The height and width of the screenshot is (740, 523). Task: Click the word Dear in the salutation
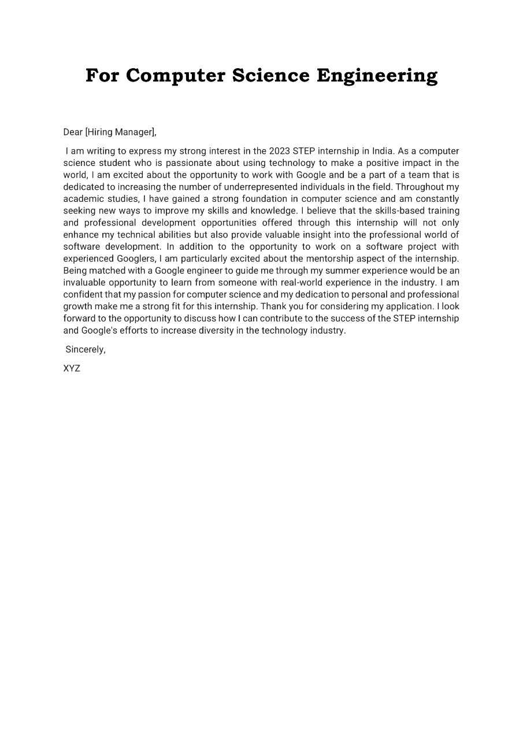point(73,132)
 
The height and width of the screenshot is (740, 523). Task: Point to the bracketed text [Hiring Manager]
point(120,132)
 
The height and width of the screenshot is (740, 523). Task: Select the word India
point(383,151)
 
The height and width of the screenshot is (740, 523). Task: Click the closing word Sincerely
point(85,349)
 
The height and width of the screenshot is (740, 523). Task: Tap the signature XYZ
point(72,368)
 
